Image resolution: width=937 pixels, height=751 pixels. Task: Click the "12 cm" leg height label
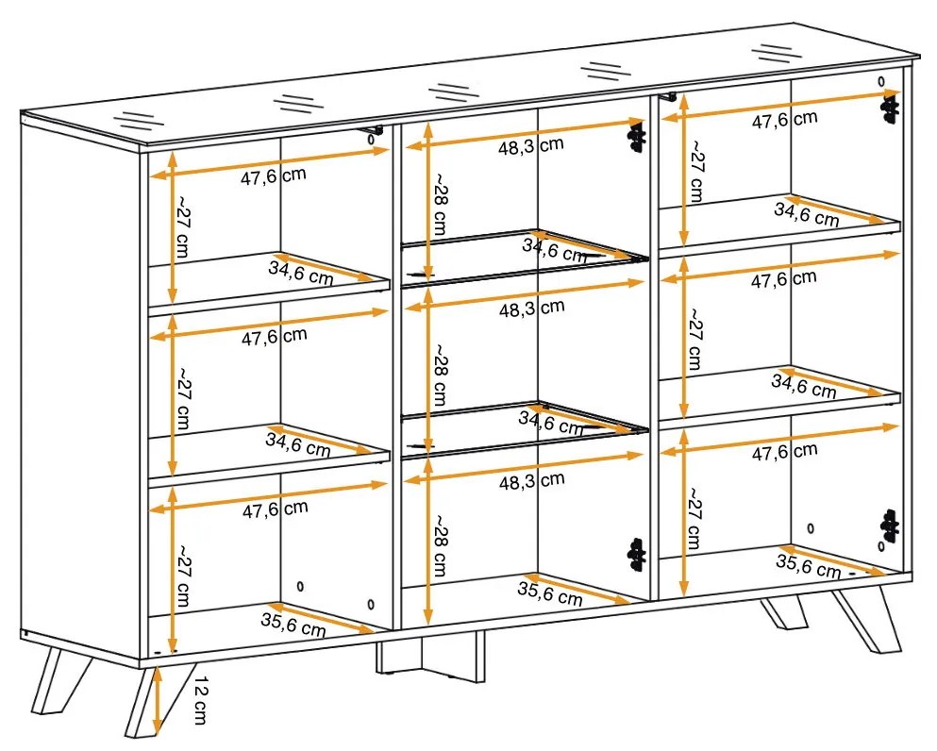[200, 700]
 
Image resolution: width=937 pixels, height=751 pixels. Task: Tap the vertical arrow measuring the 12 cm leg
[157, 700]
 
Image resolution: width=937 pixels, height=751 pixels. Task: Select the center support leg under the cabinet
[430, 656]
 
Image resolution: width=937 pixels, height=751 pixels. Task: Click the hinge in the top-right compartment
[891, 110]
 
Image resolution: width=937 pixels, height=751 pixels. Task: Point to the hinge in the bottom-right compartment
[890, 526]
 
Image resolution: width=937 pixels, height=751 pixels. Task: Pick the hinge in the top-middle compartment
[636, 136]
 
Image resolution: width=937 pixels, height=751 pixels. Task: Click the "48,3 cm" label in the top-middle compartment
[531, 145]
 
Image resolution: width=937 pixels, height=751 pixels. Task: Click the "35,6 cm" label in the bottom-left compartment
[293, 625]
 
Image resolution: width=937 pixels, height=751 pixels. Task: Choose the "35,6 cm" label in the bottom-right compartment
[808, 566]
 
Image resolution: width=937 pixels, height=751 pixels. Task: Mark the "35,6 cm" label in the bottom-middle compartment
[550, 593]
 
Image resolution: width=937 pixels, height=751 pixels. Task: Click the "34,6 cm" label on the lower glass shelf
[551, 423]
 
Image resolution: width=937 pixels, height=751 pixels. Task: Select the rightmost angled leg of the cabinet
[866, 622]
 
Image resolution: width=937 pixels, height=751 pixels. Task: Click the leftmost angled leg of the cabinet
[59, 681]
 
